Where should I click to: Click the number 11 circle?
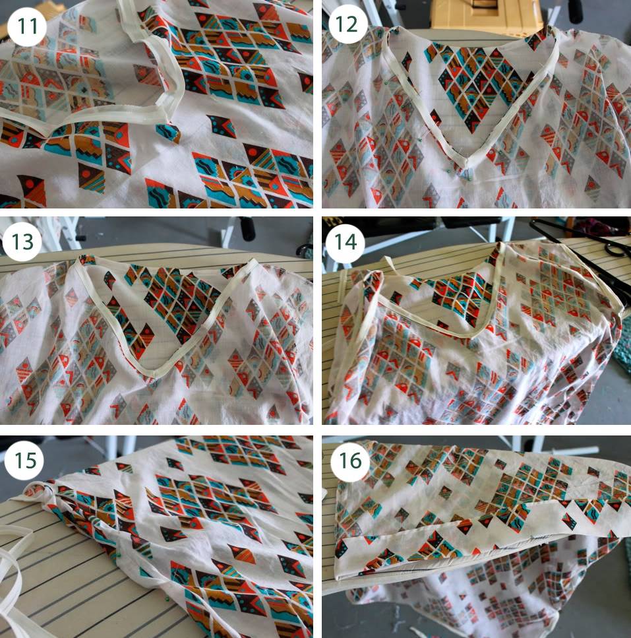pos(27,27)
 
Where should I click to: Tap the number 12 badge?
pos(347,24)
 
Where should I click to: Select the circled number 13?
pos(22,241)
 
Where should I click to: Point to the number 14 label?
pos(346,241)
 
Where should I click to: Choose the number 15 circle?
pos(24,460)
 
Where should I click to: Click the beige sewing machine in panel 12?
pos(486,15)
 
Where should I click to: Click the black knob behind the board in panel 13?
pos(247,228)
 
